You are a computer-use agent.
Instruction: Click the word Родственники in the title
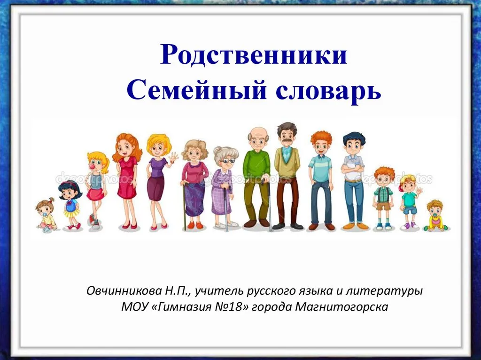coord(253,54)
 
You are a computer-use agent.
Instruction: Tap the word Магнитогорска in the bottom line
coord(341,306)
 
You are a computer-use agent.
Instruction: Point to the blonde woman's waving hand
coord(174,157)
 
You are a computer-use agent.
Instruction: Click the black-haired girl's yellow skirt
coord(71,213)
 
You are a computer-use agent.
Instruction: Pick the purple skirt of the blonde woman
coord(156,188)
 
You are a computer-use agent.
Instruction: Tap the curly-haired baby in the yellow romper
coord(435,216)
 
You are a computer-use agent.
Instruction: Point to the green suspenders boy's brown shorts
coord(383,206)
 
